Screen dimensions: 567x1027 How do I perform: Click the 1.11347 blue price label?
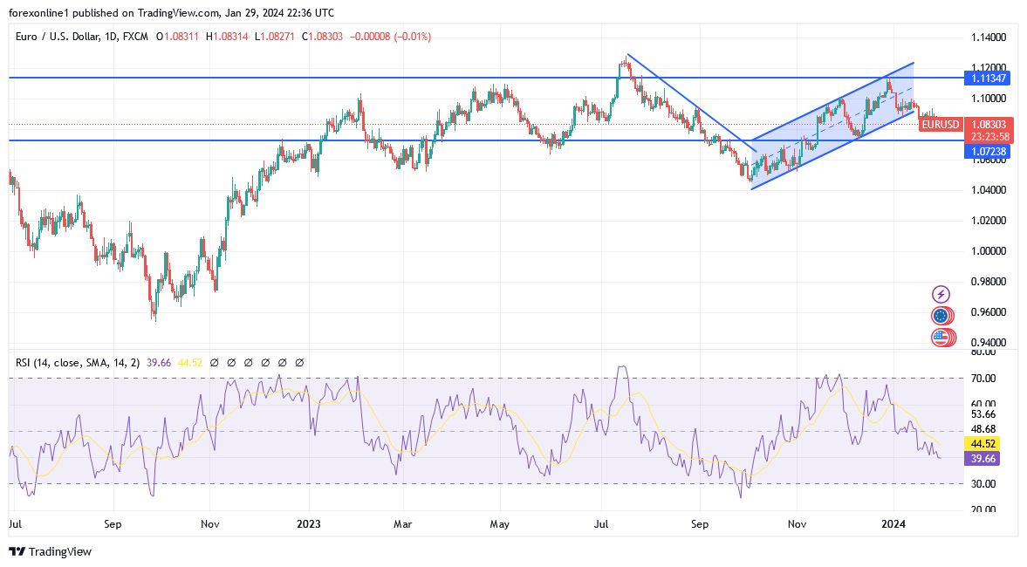click(x=988, y=79)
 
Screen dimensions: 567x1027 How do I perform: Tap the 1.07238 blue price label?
click(x=988, y=152)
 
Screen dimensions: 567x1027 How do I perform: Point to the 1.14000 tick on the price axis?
click(x=989, y=38)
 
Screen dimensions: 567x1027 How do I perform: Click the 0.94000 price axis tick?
click(x=989, y=342)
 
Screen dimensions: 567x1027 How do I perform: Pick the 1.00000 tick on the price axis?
click(x=989, y=251)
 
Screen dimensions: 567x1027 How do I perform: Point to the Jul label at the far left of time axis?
click(x=15, y=525)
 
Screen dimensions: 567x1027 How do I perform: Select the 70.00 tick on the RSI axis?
click(x=984, y=379)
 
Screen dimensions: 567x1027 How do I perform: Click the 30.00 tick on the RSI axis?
click(x=984, y=483)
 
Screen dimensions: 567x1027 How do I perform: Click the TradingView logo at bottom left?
click(x=50, y=551)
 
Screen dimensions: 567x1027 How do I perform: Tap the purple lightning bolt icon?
click(x=941, y=295)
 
